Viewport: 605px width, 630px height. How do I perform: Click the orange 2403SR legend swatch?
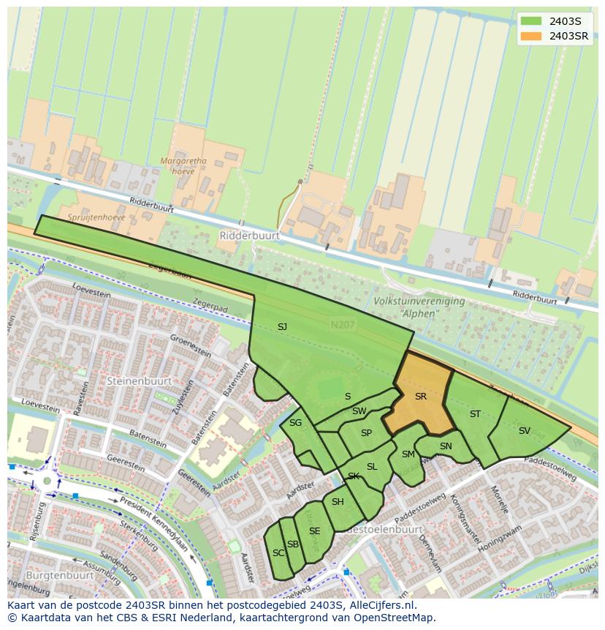pos(532,36)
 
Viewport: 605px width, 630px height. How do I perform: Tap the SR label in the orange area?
pos(420,397)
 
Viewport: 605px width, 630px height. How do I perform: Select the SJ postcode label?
pos(282,327)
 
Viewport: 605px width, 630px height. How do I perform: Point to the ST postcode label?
pos(475,414)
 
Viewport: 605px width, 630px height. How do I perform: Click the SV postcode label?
pos(524,431)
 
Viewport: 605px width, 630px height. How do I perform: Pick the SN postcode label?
pos(446,446)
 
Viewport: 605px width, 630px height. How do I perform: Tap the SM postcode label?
pos(408,454)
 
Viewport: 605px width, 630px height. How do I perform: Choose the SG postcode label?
pos(295,423)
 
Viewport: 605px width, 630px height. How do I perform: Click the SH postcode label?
pos(338,502)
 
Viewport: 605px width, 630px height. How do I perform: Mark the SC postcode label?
pos(278,553)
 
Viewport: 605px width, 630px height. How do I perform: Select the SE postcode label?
pos(314,531)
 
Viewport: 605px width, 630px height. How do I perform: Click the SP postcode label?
pos(366,433)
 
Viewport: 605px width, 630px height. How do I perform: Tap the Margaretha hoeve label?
pos(184,165)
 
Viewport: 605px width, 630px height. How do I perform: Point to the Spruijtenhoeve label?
pos(96,217)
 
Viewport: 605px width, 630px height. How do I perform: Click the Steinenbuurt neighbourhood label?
pos(139,381)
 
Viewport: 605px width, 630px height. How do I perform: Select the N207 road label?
pos(340,324)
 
